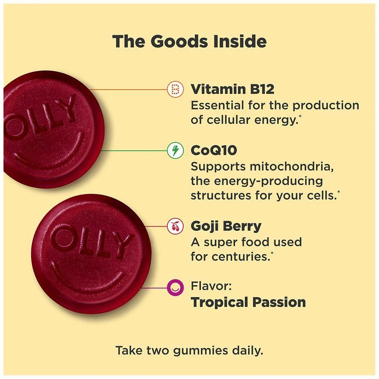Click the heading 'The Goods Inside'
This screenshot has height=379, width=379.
189,42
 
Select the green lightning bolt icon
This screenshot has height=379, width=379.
176,150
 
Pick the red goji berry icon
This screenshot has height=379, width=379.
176,227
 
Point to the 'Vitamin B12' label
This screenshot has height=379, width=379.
232,89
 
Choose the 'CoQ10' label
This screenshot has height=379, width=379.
214,150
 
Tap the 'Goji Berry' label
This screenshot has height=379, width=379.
226,226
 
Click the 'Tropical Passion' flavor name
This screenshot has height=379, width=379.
248,302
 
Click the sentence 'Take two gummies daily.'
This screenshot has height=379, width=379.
189,350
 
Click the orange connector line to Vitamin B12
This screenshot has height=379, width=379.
126,89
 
